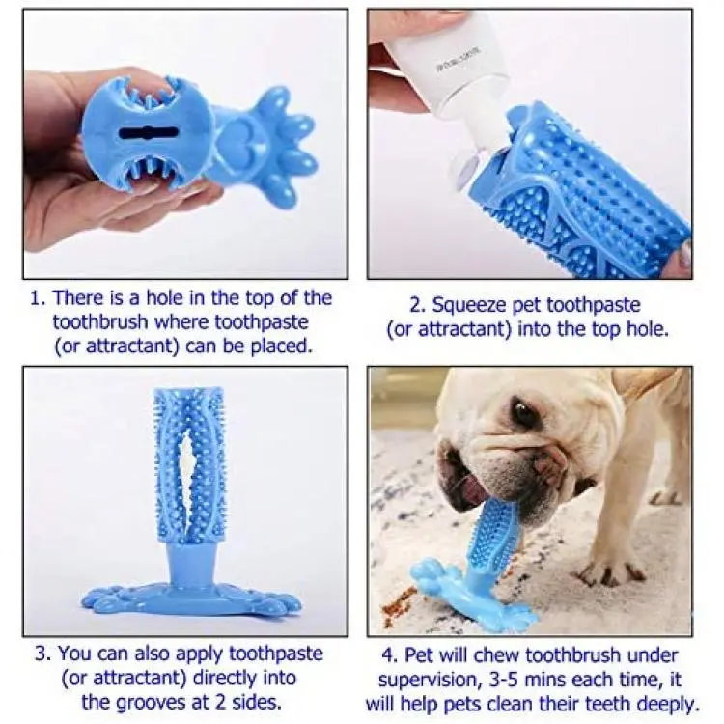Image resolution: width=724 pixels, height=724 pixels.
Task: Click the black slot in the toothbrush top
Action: [149, 133]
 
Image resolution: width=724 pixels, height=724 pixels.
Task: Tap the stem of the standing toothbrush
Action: [189, 567]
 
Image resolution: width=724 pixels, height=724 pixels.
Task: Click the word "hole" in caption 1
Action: [163, 298]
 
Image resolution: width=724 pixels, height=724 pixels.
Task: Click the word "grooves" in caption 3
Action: [149, 703]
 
